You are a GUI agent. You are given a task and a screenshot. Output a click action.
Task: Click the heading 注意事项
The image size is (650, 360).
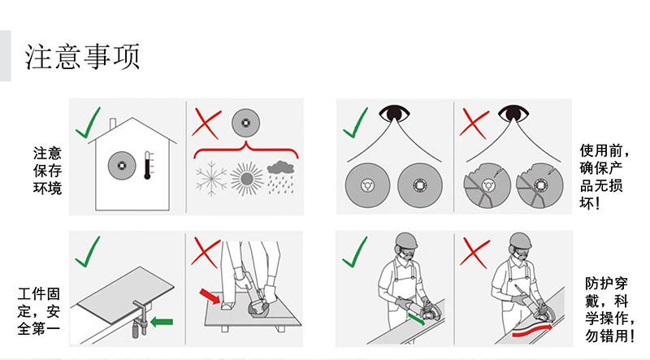[82, 56]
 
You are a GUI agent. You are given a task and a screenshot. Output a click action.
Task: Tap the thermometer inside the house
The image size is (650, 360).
[148, 165]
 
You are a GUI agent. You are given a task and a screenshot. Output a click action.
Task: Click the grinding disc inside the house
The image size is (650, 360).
[122, 165]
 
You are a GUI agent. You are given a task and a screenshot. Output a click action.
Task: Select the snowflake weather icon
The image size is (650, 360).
[211, 178]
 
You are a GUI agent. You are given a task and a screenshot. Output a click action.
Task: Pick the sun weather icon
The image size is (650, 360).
[247, 179]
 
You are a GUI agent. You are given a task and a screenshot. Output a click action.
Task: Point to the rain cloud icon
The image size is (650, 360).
[280, 177]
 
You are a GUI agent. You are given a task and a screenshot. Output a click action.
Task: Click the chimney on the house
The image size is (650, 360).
[113, 124]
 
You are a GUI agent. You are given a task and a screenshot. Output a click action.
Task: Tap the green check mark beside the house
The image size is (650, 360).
[89, 123]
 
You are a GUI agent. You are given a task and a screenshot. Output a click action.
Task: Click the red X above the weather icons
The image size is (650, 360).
[206, 124]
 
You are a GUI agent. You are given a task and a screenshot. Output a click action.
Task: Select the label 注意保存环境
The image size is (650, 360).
[47, 171]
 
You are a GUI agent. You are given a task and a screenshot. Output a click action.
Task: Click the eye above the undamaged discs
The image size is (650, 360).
[394, 113]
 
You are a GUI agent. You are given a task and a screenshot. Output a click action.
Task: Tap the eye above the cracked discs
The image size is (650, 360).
[513, 113]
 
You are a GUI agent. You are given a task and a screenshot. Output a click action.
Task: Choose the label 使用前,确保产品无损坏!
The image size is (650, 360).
[604, 176]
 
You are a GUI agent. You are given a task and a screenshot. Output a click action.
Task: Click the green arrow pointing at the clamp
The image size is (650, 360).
[162, 322]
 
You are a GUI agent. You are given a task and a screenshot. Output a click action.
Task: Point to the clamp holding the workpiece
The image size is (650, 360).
[140, 318]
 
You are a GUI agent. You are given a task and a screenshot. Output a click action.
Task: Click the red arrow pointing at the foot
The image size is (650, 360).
[210, 296]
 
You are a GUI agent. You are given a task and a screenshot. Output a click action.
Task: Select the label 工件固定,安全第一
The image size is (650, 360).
[39, 311]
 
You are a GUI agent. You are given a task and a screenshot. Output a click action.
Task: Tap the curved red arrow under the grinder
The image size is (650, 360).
[533, 330]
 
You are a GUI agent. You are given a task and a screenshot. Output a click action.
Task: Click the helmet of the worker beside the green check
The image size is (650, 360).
[406, 241]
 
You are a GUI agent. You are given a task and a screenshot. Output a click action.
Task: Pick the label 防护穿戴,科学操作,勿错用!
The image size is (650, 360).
[609, 310]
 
